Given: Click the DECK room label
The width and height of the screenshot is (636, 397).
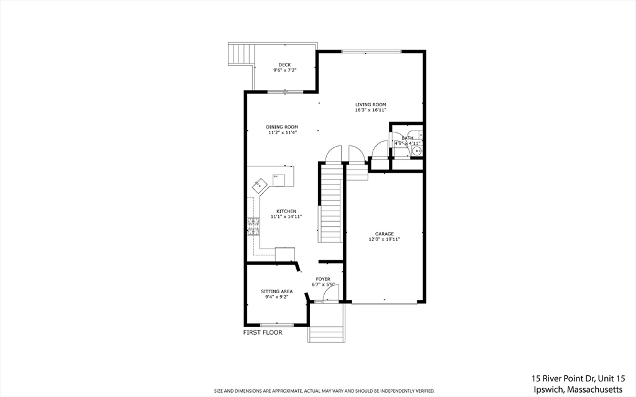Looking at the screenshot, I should [x=284, y=65].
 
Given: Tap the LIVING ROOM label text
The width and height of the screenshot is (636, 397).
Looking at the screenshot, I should [x=371, y=104].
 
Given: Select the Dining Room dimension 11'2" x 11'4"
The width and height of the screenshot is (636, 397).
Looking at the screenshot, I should [x=283, y=132].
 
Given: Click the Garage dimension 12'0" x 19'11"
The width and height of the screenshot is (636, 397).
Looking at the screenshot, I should [x=384, y=239].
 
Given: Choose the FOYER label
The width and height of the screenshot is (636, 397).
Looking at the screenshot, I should [x=323, y=279].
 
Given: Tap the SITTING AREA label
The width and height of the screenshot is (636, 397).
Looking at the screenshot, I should [x=276, y=291].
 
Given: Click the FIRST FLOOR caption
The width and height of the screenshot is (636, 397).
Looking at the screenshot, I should [x=262, y=332].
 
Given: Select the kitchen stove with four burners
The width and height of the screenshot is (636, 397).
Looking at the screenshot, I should [x=253, y=226].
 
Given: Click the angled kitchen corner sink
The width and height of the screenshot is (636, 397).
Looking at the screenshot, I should [x=259, y=186].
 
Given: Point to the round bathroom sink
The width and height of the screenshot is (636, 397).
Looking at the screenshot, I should [x=417, y=150].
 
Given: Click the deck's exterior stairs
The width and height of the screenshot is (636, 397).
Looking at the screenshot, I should [x=242, y=54].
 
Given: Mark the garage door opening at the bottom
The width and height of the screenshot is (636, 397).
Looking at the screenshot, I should [x=384, y=303].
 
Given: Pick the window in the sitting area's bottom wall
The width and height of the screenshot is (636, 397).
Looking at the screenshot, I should [x=276, y=325].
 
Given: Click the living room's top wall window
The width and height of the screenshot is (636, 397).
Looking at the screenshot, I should [x=371, y=51].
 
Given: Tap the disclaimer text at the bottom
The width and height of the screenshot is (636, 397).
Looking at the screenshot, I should [x=324, y=391].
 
